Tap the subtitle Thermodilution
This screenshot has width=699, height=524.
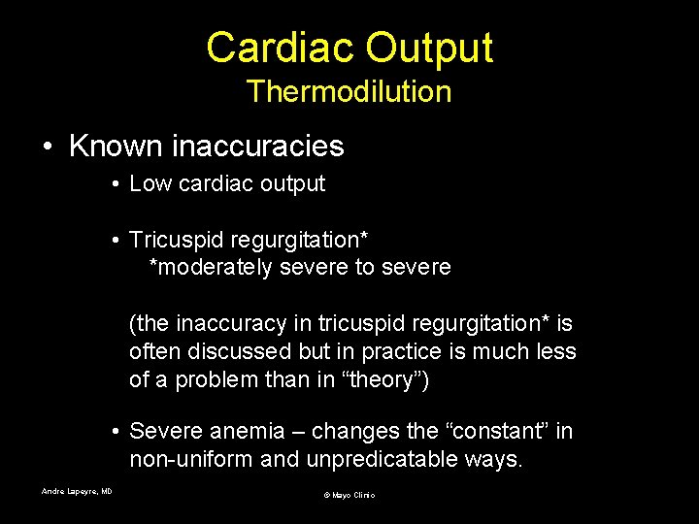pyautogui.click(x=349, y=92)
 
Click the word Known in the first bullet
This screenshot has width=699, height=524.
pyautogui.click(x=116, y=147)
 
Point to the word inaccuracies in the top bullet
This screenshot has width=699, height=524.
pyautogui.click(x=257, y=147)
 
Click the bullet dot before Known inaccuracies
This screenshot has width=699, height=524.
pyautogui.click(x=48, y=147)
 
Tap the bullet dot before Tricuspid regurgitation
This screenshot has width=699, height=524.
pyautogui.click(x=115, y=240)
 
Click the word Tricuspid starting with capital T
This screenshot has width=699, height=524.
pyautogui.click(x=177, y=239)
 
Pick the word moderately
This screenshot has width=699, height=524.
pyautogui.click(x=216, y=267)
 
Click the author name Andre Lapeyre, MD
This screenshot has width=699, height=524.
pyautogui.click(x=77, y=491)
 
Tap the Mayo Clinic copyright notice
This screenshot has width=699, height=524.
pyautogui.click(x=349, y=495)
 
